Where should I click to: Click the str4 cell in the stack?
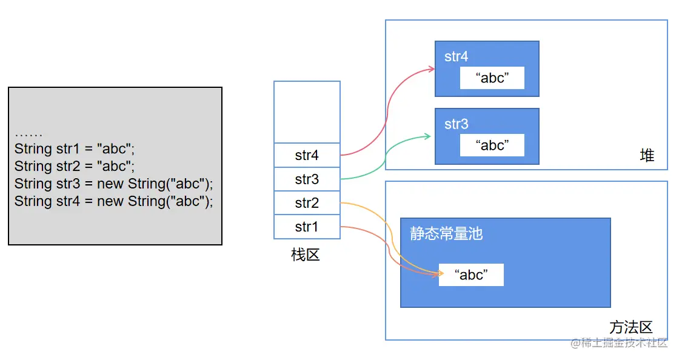pyautogui.click(x=307, y=155)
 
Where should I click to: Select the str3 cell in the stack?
pyautogui.click(x=307, y=179)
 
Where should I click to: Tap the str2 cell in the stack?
pyautogui.click(x=307, y=203)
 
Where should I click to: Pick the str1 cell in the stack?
pyautogui.click(x=307, y=227)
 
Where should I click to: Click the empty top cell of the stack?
pyautogui.click(x=307, y=112)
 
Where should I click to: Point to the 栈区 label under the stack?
pyautogui.click(x=306, y=255)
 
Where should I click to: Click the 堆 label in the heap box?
pyautogui.click(x=647, y=156)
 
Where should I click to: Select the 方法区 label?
pyautogui.click(x=630, y=327)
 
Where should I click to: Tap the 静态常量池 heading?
pyautogui.click(x=446, y=234)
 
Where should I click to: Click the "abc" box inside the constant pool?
pyautogui.click(x=471, y=275)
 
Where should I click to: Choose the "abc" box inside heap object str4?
pyautogui.click(x=492, y=78)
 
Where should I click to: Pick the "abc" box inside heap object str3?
pyautogui.click(x=492, y=145)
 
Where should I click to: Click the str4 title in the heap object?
pyautogui.click(x=457, y=57)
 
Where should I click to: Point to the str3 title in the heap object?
pyautogui.click(x=457, y=124)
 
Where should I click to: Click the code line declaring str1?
pyautogui.click(x=75, y=149)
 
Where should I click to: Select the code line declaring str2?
pyautogui.click(x=75, y=166)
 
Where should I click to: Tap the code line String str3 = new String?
pyautogui.click(x=114, y=184)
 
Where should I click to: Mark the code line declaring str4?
pyautogui.click(x=114, y=201)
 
